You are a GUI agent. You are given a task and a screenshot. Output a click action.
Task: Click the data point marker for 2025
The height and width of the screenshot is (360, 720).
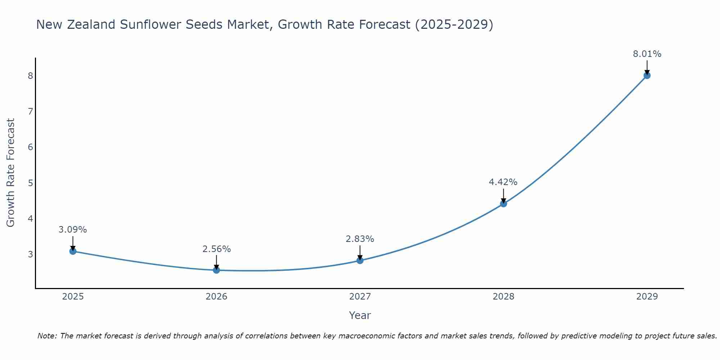73,251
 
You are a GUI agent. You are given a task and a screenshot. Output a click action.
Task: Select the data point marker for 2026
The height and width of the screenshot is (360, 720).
216,270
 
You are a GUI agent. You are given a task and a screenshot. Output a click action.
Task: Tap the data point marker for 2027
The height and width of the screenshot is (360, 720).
360,260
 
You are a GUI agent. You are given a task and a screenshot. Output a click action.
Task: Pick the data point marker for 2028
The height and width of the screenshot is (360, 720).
503,204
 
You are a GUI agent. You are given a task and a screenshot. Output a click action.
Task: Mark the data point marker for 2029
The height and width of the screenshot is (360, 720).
647,76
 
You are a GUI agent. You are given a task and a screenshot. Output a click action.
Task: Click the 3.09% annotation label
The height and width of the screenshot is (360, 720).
73,230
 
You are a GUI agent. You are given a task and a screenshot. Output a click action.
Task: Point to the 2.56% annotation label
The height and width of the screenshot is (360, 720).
216,249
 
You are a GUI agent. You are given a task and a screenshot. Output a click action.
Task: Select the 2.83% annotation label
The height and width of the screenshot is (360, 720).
360,239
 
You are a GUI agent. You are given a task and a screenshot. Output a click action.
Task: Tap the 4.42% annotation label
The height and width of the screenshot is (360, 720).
503,182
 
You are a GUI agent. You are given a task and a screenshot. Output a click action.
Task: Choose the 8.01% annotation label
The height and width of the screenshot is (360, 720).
647,54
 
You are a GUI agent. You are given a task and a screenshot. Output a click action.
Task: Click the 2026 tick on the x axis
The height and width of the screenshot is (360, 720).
216,297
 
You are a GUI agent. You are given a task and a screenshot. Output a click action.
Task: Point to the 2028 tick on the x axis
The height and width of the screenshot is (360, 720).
503,297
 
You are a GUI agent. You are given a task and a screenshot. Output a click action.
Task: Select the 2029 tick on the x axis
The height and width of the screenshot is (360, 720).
647,297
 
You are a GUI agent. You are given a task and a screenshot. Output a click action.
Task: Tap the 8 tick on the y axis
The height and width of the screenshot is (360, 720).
30,76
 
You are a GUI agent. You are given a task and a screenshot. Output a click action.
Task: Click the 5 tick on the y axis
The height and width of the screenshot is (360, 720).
30,183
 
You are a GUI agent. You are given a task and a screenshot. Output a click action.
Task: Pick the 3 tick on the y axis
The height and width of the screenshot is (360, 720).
30,255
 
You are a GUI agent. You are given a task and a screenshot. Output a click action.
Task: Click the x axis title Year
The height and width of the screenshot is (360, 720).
360,315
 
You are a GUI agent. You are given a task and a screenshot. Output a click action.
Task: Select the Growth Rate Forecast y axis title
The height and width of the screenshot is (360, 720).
11,173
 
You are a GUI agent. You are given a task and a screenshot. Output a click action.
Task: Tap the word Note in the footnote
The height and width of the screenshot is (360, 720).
47,336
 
